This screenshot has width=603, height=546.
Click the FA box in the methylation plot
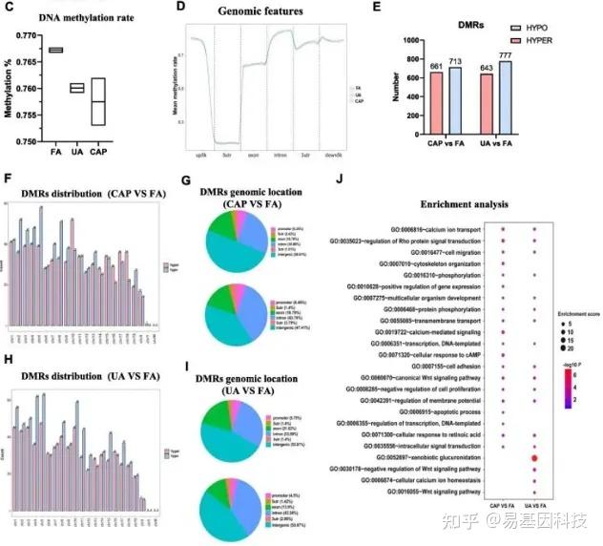click(55, 50)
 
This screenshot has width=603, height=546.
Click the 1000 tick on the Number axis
click(412, 42)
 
